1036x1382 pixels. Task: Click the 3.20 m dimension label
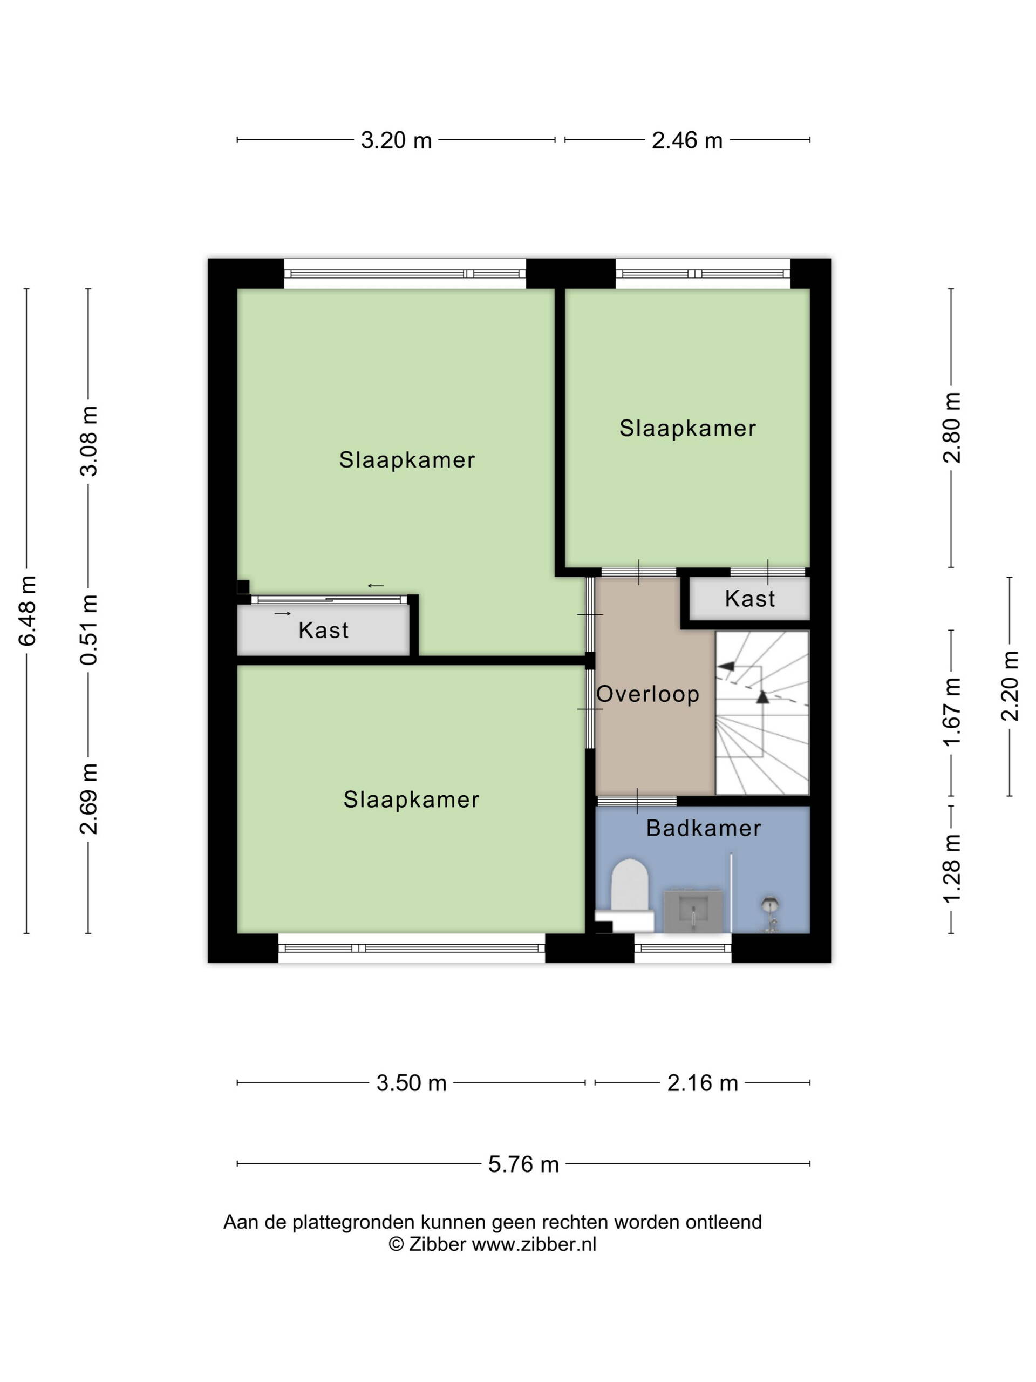[x=396, y=140]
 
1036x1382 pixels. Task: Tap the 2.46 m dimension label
[x=687, y=140]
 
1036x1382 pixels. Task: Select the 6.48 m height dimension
[x=28, y=611]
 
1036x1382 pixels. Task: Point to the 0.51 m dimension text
[x=89, y=629]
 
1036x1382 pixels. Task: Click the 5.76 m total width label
[x=523, y=1164]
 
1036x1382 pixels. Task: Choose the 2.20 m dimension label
[x=1010, y=686]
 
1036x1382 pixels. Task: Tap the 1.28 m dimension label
[x=952, y=869]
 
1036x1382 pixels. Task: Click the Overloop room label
[x=647, y=694]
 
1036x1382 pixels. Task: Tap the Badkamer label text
[x=704, y=829]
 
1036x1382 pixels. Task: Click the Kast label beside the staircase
[x=750, y=599]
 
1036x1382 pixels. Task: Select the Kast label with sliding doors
[x=323, y=630]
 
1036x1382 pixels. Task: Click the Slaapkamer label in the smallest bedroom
[x=687, y=429]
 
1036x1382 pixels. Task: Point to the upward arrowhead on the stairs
[x=762, y=697]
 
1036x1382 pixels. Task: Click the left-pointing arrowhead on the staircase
[x=726, y=666]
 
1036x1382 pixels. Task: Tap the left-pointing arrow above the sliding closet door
[x=376, y=585]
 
